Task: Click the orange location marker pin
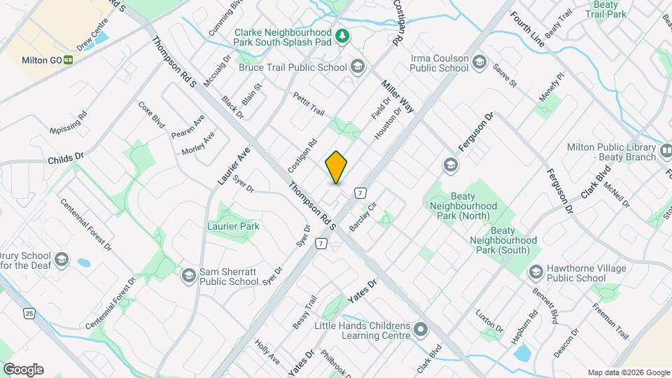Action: tap(337, 167)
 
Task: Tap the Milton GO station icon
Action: tap(69, 60)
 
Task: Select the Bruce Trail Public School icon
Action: tap(358, 67)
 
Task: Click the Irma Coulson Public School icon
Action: tap(479, 62)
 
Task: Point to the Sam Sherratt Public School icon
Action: tap(188, 276)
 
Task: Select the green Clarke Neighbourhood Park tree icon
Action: tap(342, 35)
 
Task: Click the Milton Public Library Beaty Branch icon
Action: tap(668, 149)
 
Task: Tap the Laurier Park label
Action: tap(234, 226)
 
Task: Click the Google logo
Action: tap(22, 369)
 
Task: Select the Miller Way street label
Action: tap(398, 96)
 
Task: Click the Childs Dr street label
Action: tap(66, 160)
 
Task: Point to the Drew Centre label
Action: tap(93, 34)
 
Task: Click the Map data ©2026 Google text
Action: tap(628, 372)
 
